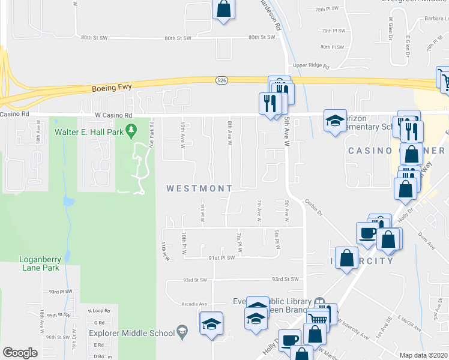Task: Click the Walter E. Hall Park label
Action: (x=89, y=131)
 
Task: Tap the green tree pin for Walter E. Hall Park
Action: (x=133, y=129)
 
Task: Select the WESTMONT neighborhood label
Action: (x=199, y=188)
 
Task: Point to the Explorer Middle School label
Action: (x=130, y=333)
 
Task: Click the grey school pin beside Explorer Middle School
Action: (x=180, y=332)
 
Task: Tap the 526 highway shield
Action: (x=221, y=80)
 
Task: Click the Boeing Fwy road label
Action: (x=112, y=88)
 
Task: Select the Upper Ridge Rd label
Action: (x=312, y=66)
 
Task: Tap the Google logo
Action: (x=20, y=353)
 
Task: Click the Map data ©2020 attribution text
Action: (x=424, y=355)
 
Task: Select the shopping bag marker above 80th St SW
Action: (x=223, y=10)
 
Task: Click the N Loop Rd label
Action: (x=99, y=311)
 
